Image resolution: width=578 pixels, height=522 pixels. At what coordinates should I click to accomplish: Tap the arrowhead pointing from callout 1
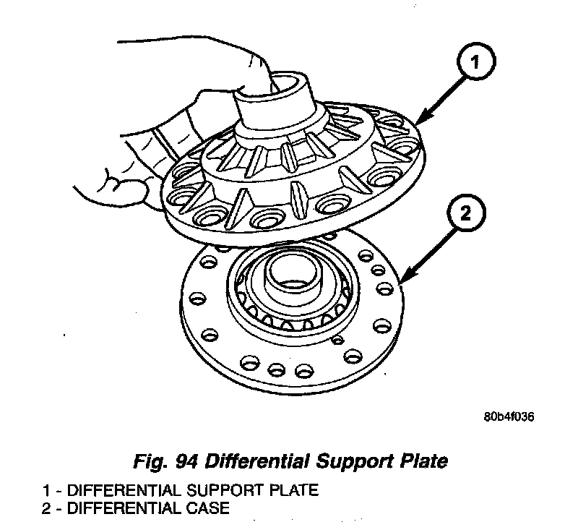pos(420,121)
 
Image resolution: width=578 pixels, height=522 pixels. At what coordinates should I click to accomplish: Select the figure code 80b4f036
pos(509,417)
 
